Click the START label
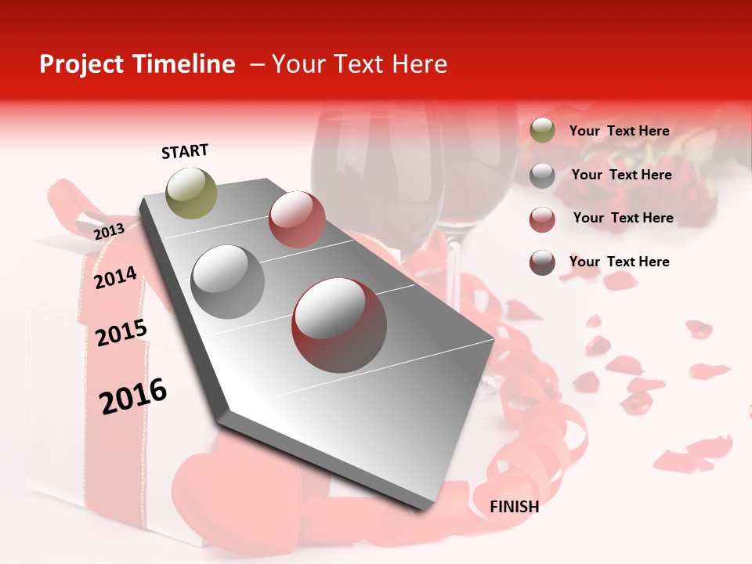point(185,151)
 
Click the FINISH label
point(514,507)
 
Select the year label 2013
point(109,232)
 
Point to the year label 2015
point(121,333)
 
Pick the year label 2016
point(133,396)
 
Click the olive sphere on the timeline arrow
point(191,193)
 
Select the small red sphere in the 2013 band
point(296,219)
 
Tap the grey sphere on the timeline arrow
point(227,281)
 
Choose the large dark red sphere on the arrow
point(338,324)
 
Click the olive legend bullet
point(542,131)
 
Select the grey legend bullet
point(542,175)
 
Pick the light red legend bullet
point(542,219)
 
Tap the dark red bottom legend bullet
point(542,262)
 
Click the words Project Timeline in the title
point(137,64)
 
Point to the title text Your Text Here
point(359,64)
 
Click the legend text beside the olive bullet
point(619,131)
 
